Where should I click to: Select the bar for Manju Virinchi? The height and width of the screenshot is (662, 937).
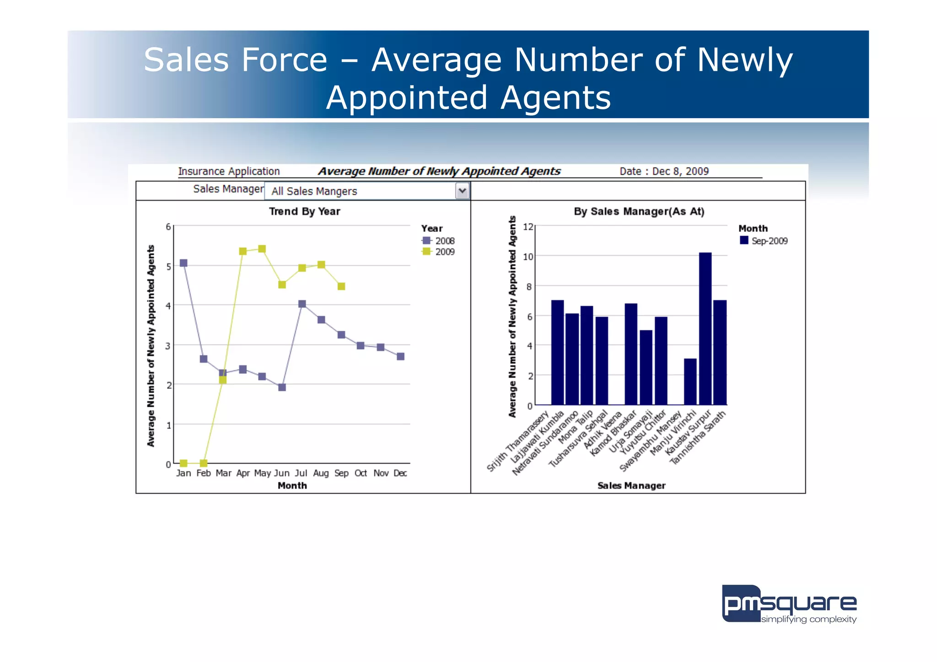[x=690, y=382]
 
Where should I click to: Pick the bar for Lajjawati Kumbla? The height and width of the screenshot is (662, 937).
[x=557, y=352]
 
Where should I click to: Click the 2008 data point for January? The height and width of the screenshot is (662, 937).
[x=183, y=263]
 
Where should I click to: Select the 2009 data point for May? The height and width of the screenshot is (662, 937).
[x=262, y=249]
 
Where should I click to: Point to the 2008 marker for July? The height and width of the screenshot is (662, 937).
[x=302, y=304]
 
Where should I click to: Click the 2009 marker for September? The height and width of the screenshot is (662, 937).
[x=341, y=286]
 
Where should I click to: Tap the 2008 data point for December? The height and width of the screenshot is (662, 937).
[x=400, y=356]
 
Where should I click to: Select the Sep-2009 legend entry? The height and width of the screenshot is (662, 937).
[x=764, y=241]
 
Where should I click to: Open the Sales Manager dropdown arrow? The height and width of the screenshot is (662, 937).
[x=463, y=191]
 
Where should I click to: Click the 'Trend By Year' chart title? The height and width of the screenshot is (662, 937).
[x=304, y=211]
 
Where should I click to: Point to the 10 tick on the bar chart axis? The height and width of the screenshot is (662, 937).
[x=528, y=257]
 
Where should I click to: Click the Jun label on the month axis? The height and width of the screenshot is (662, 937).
[x=282, y=473]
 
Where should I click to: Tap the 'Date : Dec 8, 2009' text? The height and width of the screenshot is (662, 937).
[x=664, y=171]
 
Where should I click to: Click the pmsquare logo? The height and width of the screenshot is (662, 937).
[x=789, y=604]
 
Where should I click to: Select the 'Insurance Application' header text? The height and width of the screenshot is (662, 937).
[x=229, y=171]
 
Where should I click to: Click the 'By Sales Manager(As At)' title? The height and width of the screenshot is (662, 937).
[x=639, y=211]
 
